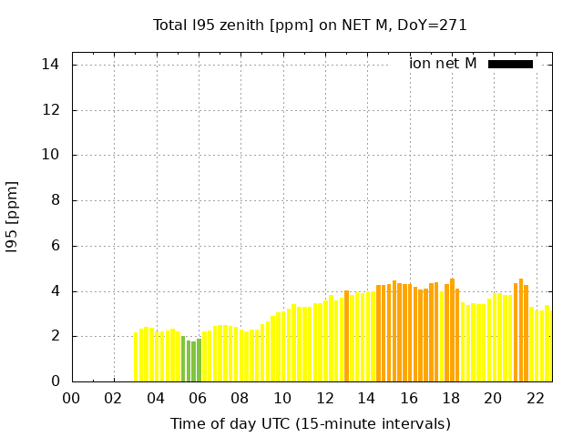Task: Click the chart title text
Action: [310, 25]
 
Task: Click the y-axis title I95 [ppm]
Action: [13, 217]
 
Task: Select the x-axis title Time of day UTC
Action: [310, 423]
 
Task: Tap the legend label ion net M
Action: [443, 64]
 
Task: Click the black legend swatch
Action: [510, 64]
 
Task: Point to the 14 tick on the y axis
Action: [51, 65]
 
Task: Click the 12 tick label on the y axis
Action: [51, 110]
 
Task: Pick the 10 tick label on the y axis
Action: [51, 155]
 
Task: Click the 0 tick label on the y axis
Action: [55, 381]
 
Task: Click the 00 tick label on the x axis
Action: [71, 398]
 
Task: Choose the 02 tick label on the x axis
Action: [114, 398]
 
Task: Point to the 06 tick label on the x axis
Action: [198, 398]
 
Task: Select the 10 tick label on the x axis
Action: [282, 398]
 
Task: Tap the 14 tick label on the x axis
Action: [366, 398]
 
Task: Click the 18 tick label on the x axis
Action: [451, 398]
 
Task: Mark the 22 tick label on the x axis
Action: [535, 398]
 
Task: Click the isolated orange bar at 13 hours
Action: [346, 337]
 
